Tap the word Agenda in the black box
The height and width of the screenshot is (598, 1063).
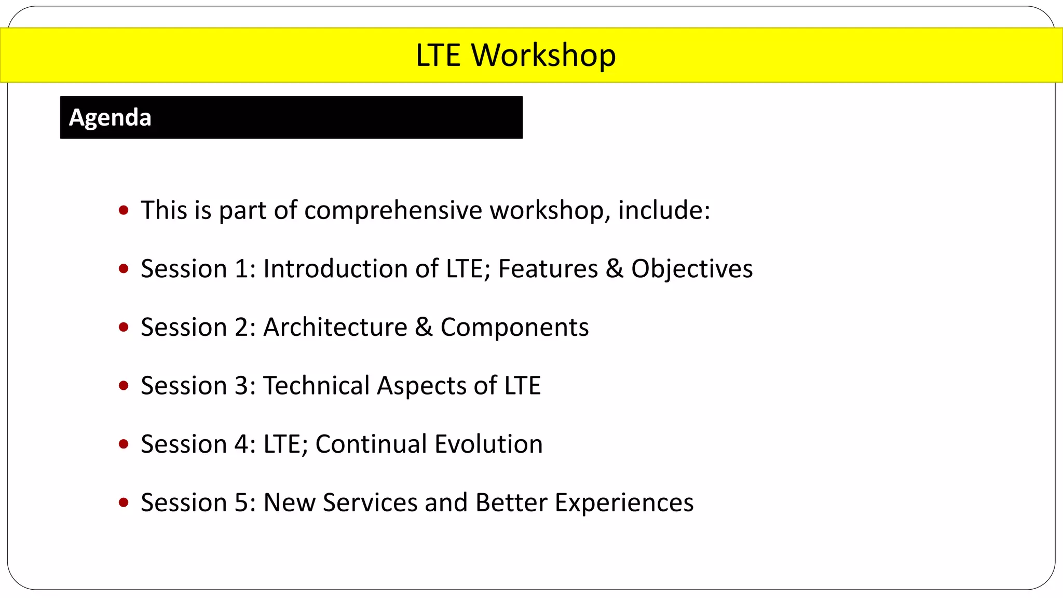point(110,118)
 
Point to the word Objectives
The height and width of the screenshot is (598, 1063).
point(692,269)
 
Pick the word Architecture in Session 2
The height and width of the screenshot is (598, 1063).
point(335,328)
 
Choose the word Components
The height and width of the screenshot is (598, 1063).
point(514,328)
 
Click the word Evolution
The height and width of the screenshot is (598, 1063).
point(488,444)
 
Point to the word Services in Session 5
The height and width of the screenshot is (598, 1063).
point(370,503)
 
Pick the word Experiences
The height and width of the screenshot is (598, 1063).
point(624,503)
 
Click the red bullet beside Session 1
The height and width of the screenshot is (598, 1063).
point(124,268)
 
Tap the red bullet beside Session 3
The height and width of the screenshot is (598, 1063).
point(124,385)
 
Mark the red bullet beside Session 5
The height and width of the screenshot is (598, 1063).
point(124,502)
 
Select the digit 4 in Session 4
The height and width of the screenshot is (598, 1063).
point(242,444)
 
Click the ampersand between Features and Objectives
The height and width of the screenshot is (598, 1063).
point(615,269)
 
